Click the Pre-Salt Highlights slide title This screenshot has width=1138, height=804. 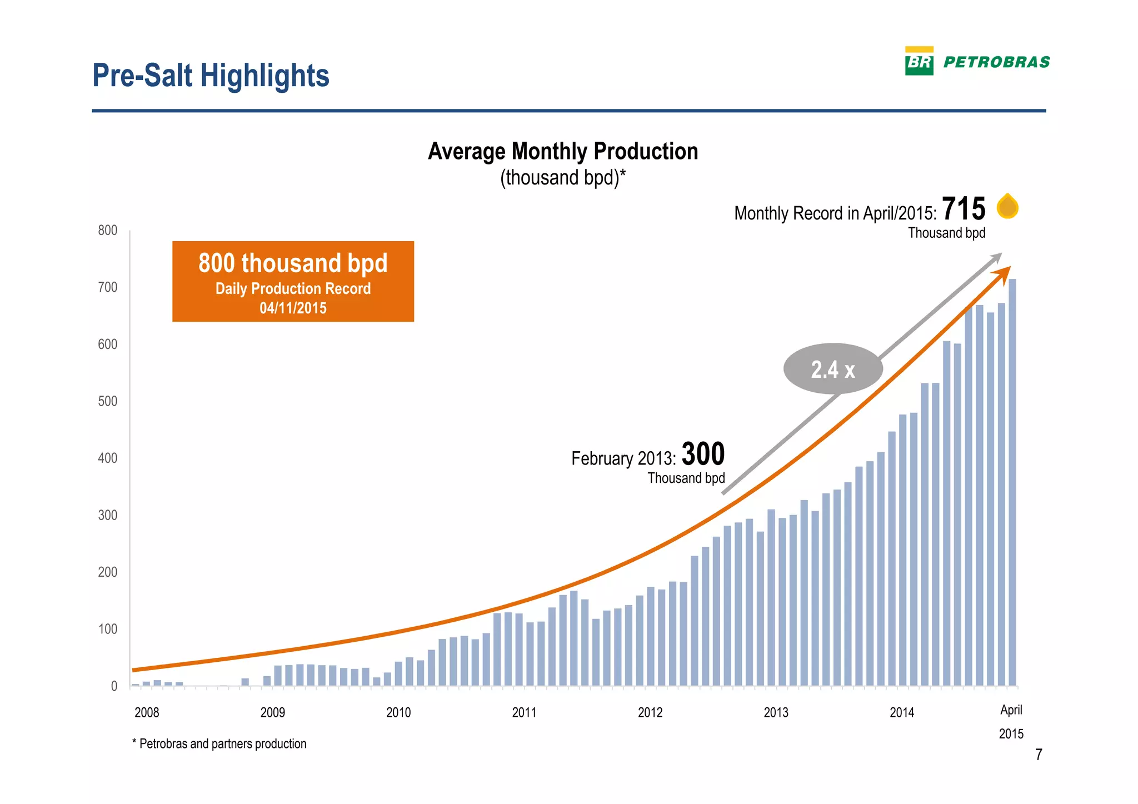click(x=211, y=76)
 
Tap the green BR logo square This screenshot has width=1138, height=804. click(x=919, y=62)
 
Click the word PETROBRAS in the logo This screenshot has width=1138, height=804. click(x=997, y=62)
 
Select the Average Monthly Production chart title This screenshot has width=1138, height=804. click(x=562, y=151)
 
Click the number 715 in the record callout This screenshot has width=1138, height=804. click(x=964, y=209)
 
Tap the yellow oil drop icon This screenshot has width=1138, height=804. click(x=1007, y=206)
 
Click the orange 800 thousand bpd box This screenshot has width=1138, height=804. click(x=293, y=281)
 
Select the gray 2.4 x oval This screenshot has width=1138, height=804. click(x=832, y=369)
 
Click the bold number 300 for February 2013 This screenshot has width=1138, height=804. click(x=703, y=454)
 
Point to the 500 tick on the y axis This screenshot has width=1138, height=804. click(x=108, y=401)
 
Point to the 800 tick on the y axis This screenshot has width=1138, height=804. click(x=108, y=230)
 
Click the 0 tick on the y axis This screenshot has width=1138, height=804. click(x=114, y=686)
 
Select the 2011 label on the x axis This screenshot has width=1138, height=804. click(x=524, y=712)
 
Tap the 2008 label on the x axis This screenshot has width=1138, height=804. click(x=147, y=712)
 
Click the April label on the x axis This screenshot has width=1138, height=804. click(x=1011, y=710)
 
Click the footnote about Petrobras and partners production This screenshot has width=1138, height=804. click(x=219, y=743)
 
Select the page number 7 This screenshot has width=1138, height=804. click(x=1039, y=755)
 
